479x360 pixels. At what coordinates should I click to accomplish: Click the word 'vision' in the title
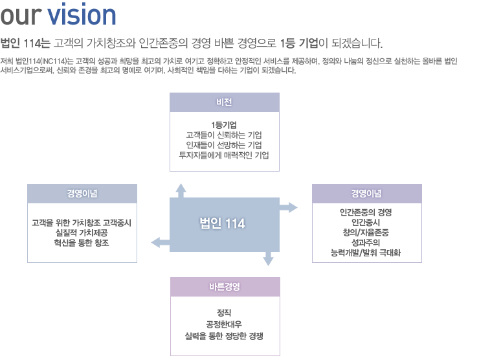(82, 14)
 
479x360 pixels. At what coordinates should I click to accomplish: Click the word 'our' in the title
(21, 16)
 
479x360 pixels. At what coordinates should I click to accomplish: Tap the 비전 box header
(225, 102)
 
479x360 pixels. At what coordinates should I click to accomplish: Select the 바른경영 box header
(225, 287)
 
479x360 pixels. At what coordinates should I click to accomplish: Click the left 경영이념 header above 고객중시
(82, 194)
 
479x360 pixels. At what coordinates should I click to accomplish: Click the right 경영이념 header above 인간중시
(366, 194)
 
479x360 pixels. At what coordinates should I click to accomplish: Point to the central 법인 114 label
(223, 223)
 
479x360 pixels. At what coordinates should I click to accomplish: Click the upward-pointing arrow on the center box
(181, 191)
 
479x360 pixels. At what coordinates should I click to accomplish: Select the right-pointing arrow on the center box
(289, 207)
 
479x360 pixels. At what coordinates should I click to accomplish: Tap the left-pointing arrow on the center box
(161, 243)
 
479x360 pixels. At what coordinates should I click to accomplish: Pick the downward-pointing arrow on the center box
(268, 258)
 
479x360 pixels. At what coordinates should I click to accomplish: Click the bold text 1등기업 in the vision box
(224, 125)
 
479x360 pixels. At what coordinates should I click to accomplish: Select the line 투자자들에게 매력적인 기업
(224, 155)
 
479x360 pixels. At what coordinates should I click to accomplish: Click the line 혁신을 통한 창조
(82, 243)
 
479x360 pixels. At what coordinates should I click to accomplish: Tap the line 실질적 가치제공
(82, 233)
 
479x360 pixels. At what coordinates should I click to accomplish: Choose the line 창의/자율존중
(366, 232)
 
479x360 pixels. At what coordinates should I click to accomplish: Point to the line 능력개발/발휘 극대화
(366, 253)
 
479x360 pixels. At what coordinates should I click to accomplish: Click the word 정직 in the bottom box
(224, 313)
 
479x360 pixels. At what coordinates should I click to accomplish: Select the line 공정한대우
(224, 324)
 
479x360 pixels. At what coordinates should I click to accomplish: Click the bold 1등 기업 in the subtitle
(299, 43)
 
